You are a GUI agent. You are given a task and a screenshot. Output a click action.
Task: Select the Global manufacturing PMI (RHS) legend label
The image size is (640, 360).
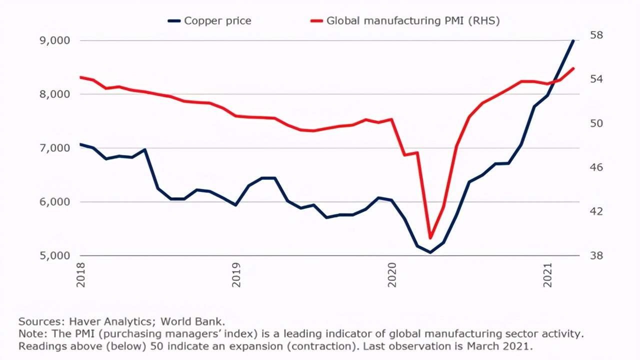[413, 20]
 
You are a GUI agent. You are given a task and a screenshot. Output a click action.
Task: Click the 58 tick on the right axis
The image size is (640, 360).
[597, 35]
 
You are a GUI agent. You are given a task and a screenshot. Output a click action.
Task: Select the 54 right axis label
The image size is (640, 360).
[597, 79]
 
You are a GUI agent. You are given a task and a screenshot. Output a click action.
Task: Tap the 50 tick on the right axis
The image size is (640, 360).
[597, 123]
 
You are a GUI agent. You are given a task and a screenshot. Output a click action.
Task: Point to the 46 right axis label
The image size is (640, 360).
[597, 167]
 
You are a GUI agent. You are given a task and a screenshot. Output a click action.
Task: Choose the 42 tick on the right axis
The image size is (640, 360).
[597, 211]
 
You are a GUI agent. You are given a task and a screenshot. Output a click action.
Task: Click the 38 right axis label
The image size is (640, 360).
[597, 255]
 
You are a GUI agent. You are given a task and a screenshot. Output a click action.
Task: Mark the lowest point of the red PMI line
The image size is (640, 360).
[430, 238]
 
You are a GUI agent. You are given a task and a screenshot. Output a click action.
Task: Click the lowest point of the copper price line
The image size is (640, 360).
[430, 252]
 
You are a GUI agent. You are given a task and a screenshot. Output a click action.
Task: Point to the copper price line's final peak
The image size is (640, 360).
[573, 40]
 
